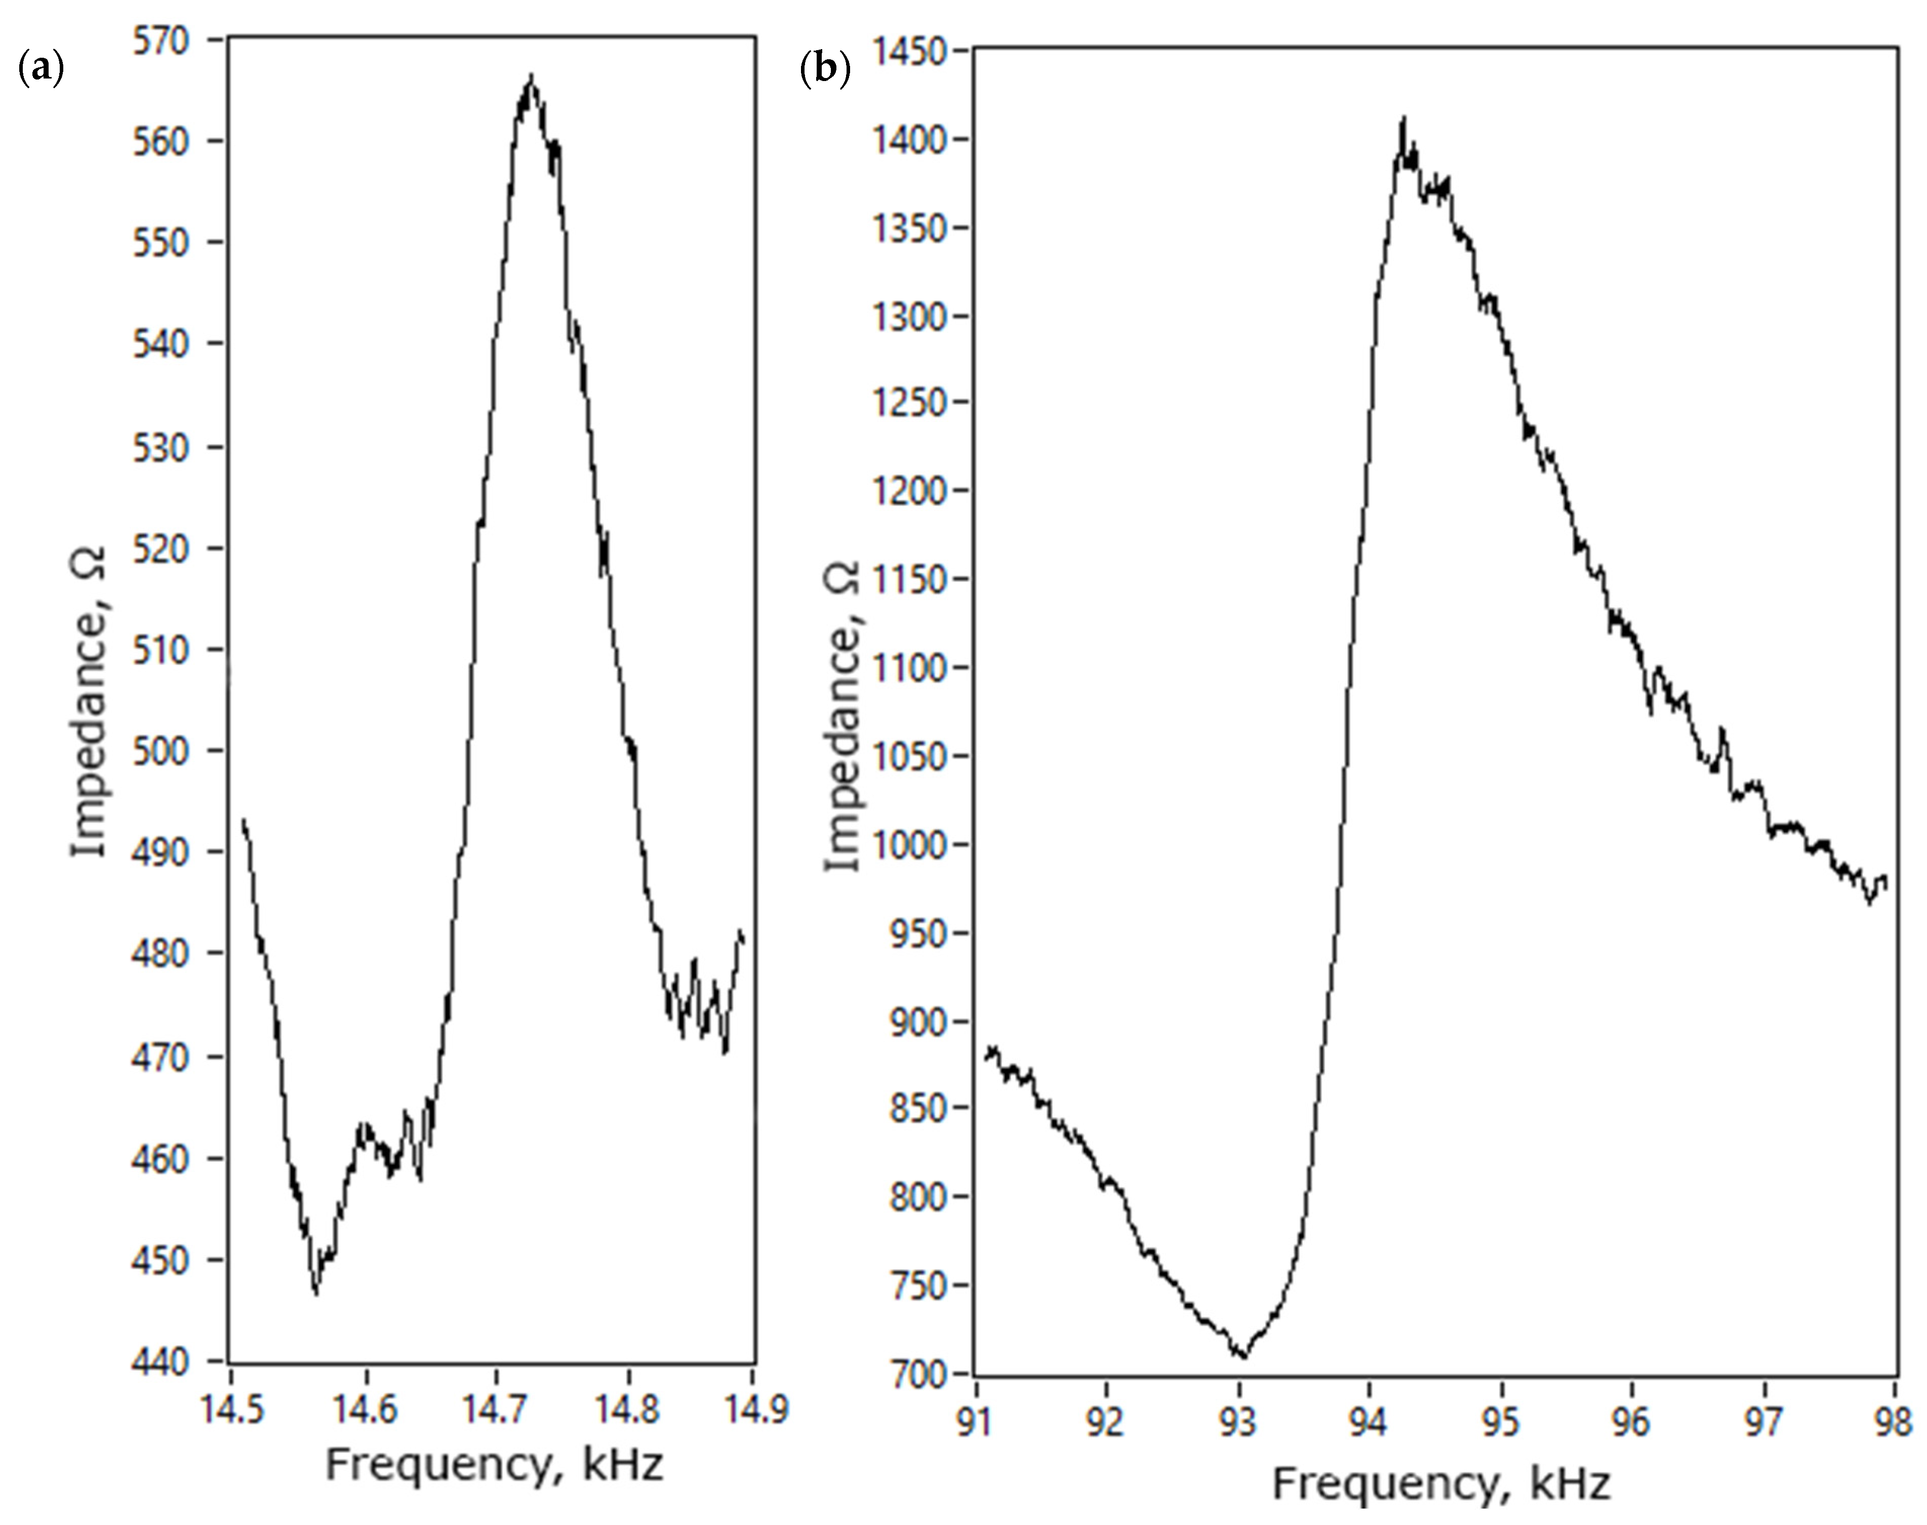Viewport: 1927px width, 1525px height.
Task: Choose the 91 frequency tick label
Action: point(976,1422)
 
